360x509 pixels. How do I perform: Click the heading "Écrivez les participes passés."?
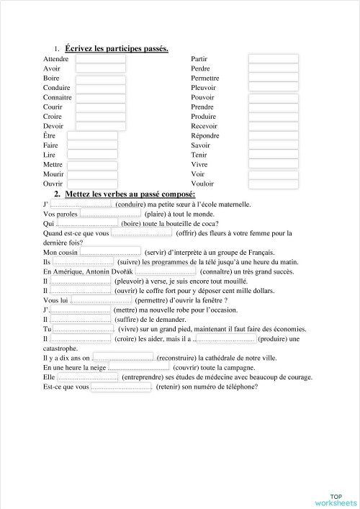tap(117, 48)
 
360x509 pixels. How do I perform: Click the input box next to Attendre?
tap(100, 58)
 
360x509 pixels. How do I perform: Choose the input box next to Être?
tap(92, 135)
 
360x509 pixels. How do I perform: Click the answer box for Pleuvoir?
tap(273, 88)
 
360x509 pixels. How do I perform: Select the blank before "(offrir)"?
tap(142, 233)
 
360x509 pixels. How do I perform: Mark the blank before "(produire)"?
tap(225, 338)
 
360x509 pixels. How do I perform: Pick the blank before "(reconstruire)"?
tap(123, 358)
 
